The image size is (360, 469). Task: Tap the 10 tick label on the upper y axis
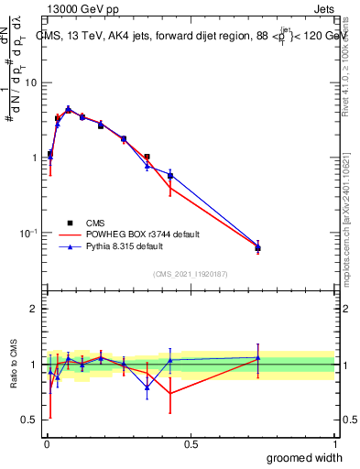30,82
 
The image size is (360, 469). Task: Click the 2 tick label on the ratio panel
33,309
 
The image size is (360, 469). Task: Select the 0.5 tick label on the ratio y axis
29,420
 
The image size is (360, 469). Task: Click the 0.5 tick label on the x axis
191,443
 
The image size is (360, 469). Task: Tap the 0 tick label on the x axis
47,443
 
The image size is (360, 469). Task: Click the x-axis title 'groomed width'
301,457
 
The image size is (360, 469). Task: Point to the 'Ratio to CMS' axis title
14,365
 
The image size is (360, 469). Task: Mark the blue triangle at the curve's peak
68,109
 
